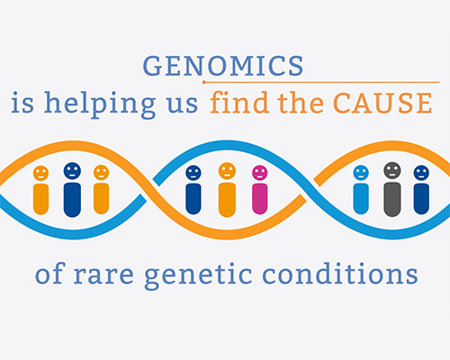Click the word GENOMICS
tap(223, 66)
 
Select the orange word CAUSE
tap(383, 103)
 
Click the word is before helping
tap(22, 103)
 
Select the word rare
tap(103, 275)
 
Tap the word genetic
tap(198, 275)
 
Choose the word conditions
tap(340, 273)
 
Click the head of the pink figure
tap(260, 173)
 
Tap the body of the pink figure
tap(260, 199)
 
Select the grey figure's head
tap(392, 170)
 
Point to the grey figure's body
tap(392, 199)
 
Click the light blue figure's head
tap(361, 173)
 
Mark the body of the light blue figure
tap(361, 199)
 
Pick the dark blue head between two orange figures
tap(72, 171)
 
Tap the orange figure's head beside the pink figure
tap(227, 171)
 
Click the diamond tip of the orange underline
tap(204, 82)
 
